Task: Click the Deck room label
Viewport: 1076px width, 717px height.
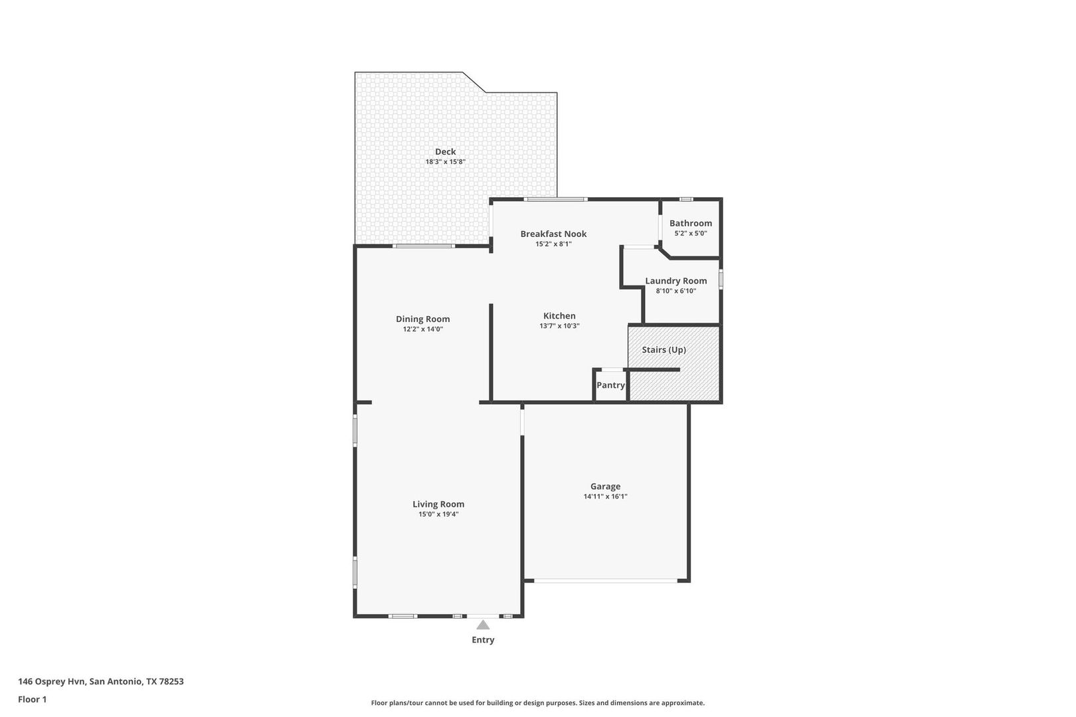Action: [445, 152]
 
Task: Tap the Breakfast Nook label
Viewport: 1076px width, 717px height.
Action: [553, 234]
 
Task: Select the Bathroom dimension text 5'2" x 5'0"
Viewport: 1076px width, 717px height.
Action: [691, 234]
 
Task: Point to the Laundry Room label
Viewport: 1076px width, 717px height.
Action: [676, 281]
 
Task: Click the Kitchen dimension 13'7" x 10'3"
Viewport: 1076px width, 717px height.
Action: [560, 325]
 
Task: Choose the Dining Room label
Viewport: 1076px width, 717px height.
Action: [422, 319]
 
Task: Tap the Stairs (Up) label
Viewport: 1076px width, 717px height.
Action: [664, 350]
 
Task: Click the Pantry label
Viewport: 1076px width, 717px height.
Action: [610, 385]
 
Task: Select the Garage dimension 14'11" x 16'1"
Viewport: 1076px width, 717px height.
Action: [605, 497]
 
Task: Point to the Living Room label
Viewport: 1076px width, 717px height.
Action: [438, 505]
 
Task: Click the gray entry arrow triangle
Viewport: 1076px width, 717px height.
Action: [483, 625]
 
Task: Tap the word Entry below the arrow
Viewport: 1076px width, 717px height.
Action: [483, 640]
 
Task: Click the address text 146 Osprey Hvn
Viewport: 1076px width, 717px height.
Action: [52, 681]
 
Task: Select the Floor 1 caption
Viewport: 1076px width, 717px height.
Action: [32, 699]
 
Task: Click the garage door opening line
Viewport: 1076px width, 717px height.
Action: [606, 581]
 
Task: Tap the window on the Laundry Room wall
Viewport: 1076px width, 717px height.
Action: [721, 279]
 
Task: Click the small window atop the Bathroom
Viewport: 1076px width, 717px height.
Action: [686, 199]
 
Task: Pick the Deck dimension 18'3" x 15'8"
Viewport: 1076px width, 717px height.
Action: [445, 162]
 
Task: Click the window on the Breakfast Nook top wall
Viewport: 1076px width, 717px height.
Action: [556, 199]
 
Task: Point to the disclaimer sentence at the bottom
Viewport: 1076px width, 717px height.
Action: [537, 702]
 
